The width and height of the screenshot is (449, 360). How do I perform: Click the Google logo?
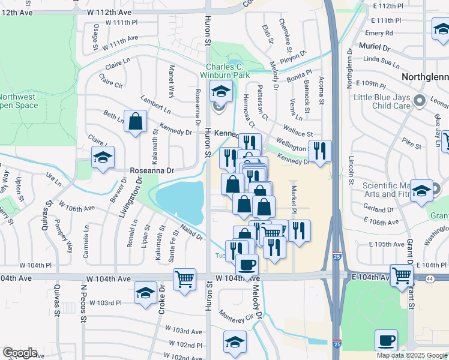(x=19, y=353)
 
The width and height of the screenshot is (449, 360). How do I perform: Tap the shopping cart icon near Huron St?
(x=184, y=278)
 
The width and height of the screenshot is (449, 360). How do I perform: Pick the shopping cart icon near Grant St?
(x=402, y=275)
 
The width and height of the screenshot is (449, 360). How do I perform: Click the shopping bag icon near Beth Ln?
(x=136, y=121)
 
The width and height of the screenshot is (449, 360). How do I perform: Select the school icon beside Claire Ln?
(x=103, y=159)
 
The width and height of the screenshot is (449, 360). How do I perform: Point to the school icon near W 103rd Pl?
(x=145, y=294)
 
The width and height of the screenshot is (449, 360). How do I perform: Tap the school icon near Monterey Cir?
(x=235, y=343)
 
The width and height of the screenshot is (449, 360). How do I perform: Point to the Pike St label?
(x=412, y=144)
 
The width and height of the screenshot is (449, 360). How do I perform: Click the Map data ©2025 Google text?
(x=412, y=355)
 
